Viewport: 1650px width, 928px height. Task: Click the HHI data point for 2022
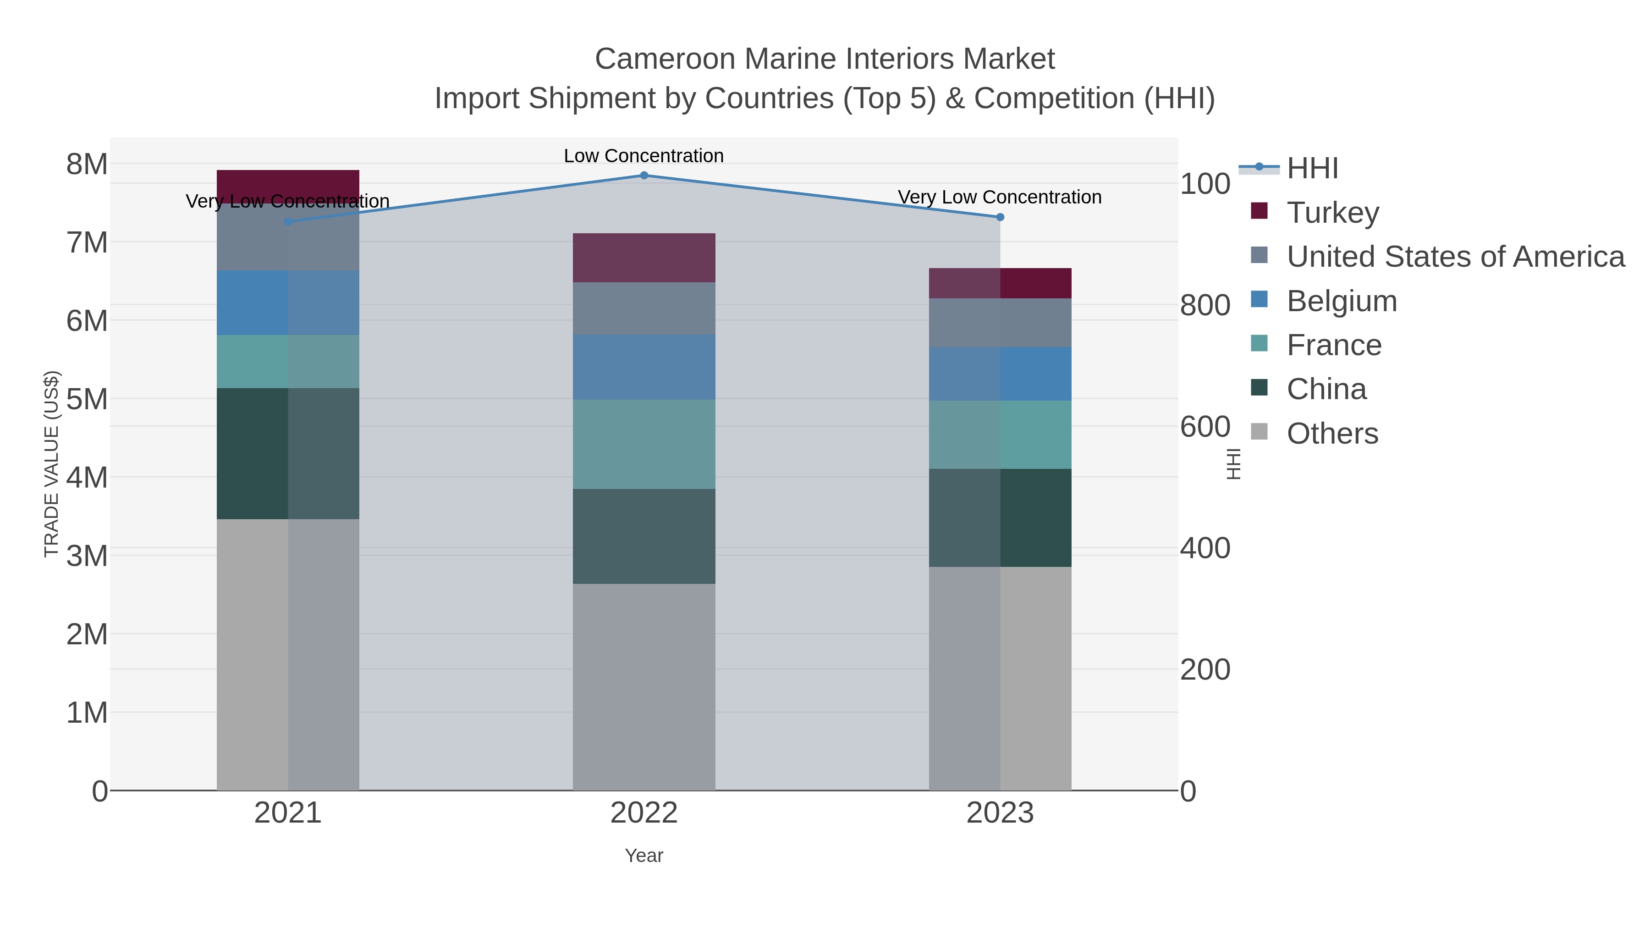[644, 176]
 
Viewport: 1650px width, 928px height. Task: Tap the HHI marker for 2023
[1000, 217]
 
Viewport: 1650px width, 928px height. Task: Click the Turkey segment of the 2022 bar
[644, 258]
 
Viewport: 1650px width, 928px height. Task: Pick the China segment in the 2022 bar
[644, 536]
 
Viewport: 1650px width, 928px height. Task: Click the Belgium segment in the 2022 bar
[644, 367]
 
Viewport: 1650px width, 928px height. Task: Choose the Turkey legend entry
[1332, 213]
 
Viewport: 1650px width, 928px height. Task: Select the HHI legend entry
[1312, 169]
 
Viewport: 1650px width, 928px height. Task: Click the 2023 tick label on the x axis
[1000, 813]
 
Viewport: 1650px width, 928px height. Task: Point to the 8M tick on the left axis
[87, 165]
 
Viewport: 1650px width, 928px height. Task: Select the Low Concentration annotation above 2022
[644, 156]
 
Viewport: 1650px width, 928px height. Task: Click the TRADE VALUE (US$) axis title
[51, 464]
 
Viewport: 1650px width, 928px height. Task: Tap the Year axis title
[644, 856]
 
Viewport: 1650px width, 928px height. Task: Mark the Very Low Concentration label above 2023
[1000, 197]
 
